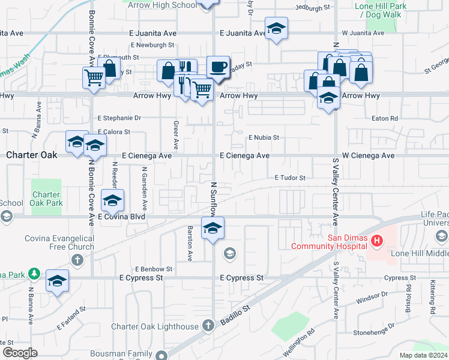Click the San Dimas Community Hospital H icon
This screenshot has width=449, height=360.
click(377, 241)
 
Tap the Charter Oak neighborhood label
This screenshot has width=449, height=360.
click(31, 155)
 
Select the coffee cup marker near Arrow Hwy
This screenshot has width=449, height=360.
click(218, 67)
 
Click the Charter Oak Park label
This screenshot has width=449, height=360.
click(46, 199)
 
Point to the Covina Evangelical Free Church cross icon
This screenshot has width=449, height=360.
click(77, 260)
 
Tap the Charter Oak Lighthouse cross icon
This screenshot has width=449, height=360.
click(208, 326)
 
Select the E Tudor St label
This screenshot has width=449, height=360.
click(291, 178)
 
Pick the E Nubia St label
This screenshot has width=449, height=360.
click(264, 137)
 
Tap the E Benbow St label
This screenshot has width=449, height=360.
click(154, 269)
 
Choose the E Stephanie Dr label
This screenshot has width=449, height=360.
click(119, 118)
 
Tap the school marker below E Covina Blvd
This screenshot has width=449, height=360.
click(212, 228)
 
